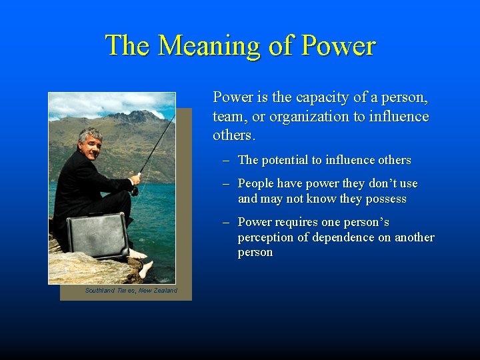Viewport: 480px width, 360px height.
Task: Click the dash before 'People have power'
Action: [x=226, y=183]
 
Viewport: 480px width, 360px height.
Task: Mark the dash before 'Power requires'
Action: [x=226, y=222]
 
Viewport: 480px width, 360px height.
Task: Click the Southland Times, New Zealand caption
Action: [x=131, y=291]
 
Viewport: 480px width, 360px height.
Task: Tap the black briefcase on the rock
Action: [x=97, y=235]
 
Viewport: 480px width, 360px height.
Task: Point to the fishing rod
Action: [x=157, y=147]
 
